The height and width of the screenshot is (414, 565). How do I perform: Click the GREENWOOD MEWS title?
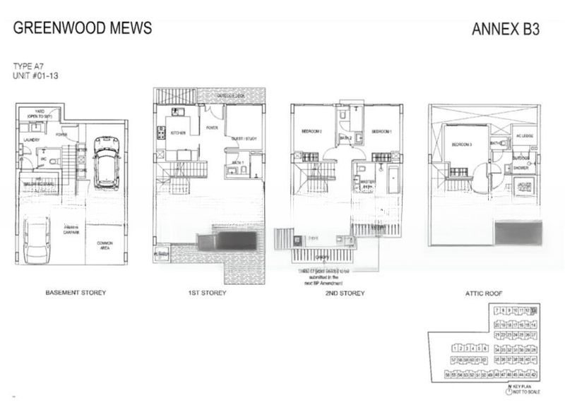click(82, 29)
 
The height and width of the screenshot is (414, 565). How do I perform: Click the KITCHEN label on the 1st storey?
click(177, 133)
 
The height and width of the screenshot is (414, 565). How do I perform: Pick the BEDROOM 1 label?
click(381, 131)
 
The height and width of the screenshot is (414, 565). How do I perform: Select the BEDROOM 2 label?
click(312, 131)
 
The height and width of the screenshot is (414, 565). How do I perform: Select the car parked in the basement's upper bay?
click(106, 162)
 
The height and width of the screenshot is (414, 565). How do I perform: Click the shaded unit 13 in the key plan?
click(534, 310)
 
